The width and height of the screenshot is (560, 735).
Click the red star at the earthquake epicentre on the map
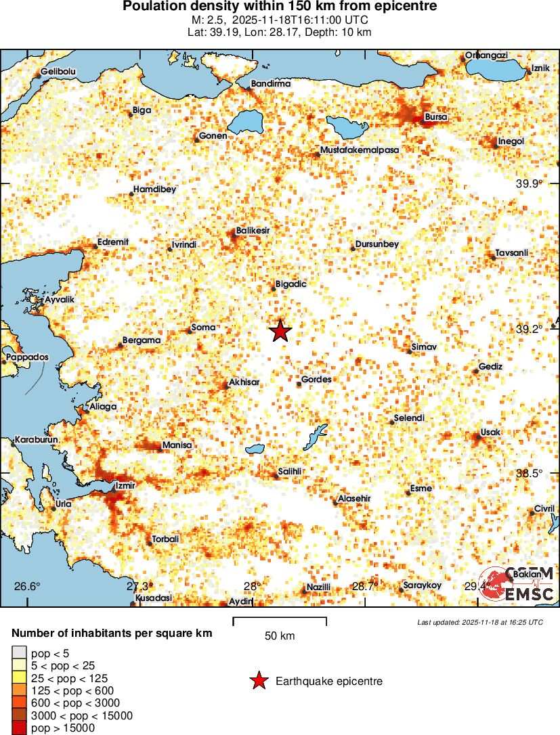(x=280, y=332)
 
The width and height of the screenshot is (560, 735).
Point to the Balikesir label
(x=253, y=231)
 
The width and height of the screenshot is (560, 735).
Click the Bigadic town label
(x=291, y=284)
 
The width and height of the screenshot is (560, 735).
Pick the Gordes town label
(x=316, y=380)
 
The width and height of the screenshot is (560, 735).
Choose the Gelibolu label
(x=58, y=71)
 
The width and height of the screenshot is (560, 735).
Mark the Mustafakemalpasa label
(x=360, y=150)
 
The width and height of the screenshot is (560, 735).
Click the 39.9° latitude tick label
(x=530, y=184)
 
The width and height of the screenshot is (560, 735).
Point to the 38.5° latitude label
(x=530, y=474)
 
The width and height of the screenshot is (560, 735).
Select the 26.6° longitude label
(x=28, y=586)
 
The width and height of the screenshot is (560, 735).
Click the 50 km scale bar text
(x=279, y=636)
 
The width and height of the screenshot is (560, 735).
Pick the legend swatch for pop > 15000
(x=19, y=728)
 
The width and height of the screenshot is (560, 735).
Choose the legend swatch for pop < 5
(x=19, y=653)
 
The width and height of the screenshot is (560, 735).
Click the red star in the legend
(x=258, y=682)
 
